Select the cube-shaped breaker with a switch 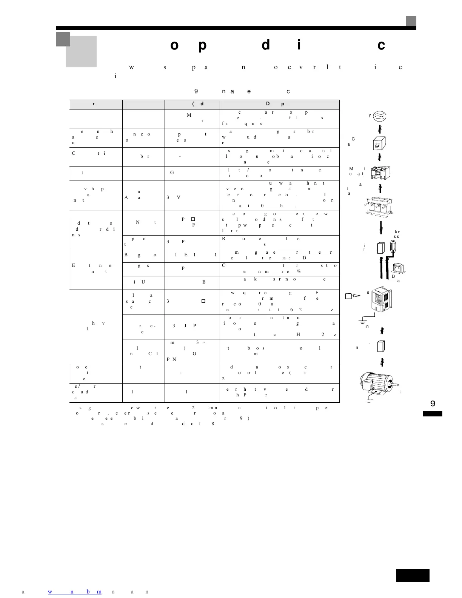[x=380, y=143]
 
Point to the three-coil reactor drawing [x=380, y=205]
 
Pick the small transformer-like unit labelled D [x=399, y=268]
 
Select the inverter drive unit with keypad [x=382, y=301]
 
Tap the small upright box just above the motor [x=381, y=346]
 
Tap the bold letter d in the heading [x=266, y=45]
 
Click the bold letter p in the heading [x=202, y=45]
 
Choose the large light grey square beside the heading [x=81, y=51]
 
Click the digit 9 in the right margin [x=433, y=403]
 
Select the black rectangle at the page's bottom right [x=413, y=575]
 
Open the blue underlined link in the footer [x=74, y=592]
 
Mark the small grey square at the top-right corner [x=411, y=21]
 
